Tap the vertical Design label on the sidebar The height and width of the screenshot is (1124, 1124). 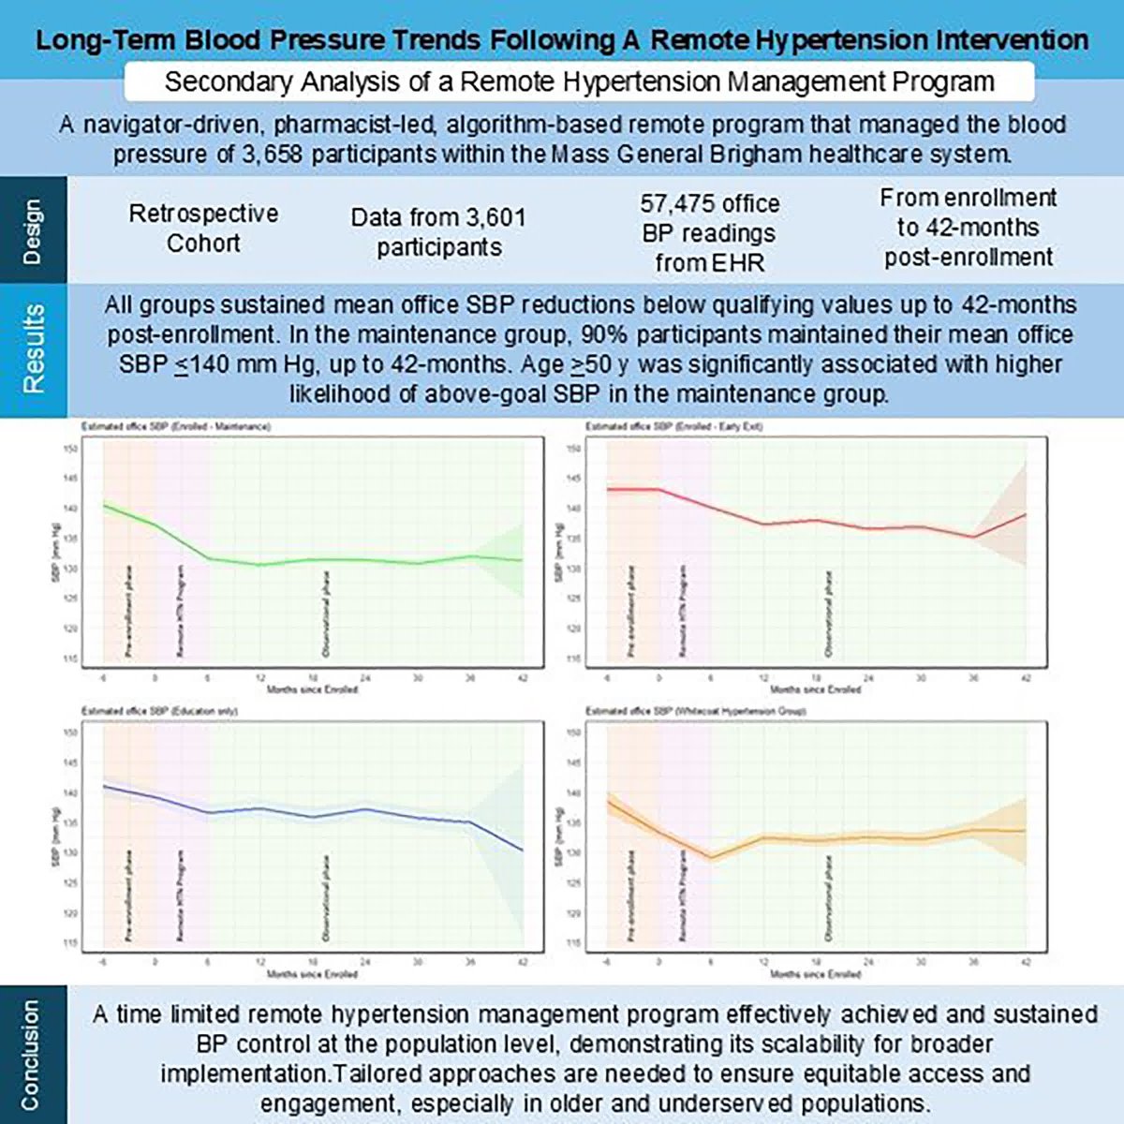[33, 230]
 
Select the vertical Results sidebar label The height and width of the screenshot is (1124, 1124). [33, 348]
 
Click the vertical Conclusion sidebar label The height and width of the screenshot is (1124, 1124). [31, 1055]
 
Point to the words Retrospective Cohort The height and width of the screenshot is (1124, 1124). [203, 228]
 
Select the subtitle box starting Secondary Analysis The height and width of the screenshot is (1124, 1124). [579, 81]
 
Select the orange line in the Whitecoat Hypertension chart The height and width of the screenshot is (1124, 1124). [843, 838]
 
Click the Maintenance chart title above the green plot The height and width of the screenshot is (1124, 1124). [175, 426]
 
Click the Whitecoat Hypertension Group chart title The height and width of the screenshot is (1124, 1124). [695, 711]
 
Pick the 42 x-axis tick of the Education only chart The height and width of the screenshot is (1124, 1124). [523, 962]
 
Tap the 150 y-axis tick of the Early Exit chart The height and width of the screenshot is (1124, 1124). [575, 449]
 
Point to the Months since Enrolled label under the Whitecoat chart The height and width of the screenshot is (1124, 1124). [815, 974]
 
